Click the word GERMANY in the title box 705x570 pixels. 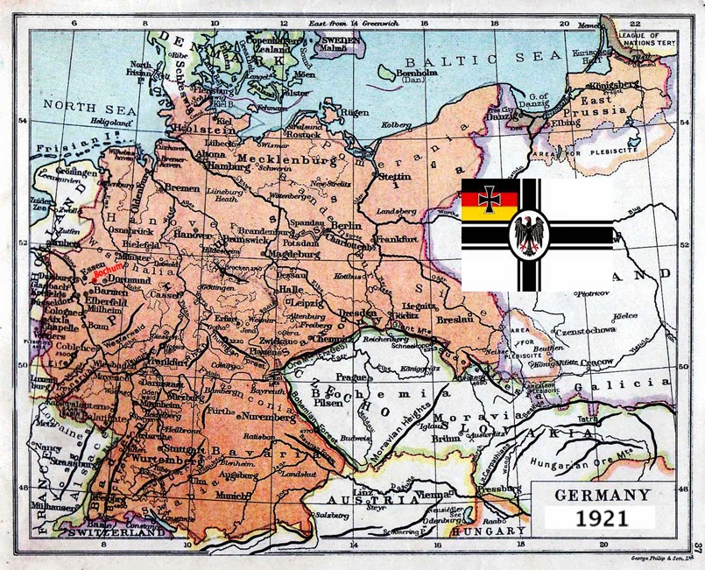pos(602,495)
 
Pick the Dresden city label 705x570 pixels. pos(359,313)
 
